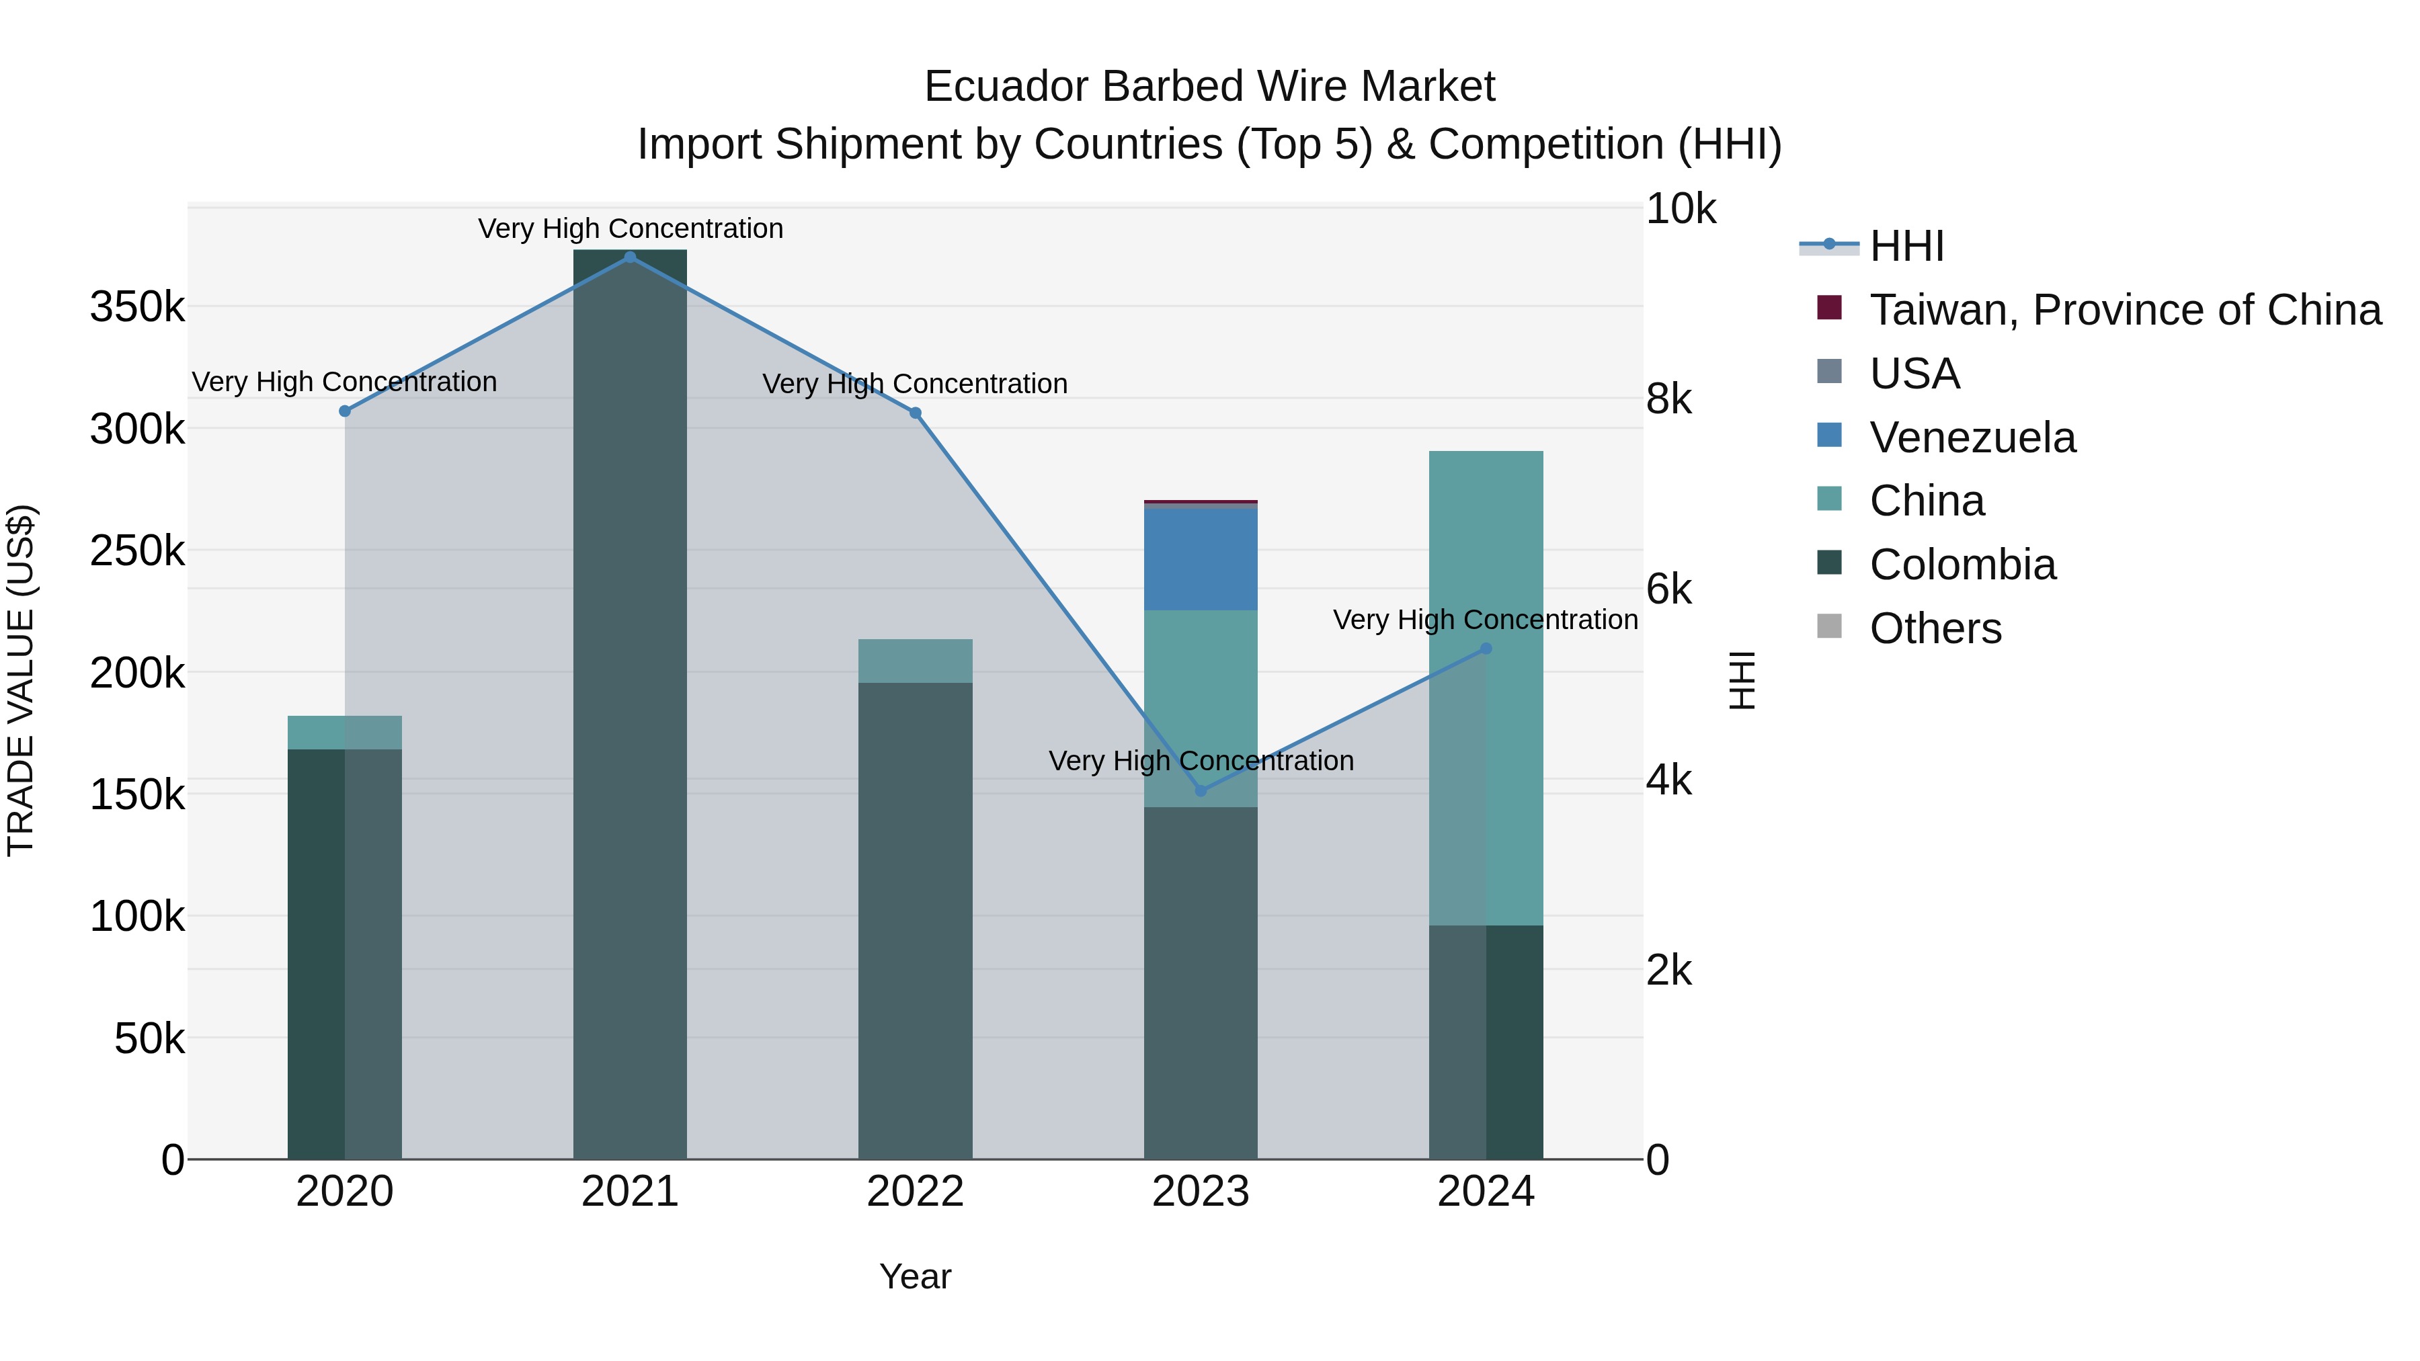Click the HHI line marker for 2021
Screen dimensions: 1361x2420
(x=631, y=257)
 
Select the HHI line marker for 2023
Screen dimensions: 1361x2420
(x=1201, y=791)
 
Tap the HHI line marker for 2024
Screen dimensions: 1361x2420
(x=1486, y=648)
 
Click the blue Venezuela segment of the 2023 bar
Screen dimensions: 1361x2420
(x=1201, y=559)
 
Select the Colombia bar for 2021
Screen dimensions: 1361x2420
(x=631, y=704)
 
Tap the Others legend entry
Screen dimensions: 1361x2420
(x=1935, y=628)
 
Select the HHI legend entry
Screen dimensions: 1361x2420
(x=1906, y=246)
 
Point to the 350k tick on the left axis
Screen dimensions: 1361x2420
(x=137, y=307)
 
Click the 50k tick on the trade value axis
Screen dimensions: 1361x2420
(x=149, y=1039)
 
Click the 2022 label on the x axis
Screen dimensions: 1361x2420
(x=915, y=1192)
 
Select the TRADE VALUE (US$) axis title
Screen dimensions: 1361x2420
(x=21, y=680)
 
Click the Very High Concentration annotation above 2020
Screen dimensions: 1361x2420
(x=345, y=382)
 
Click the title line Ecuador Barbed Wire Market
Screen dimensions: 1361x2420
(x=1209, y=87)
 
